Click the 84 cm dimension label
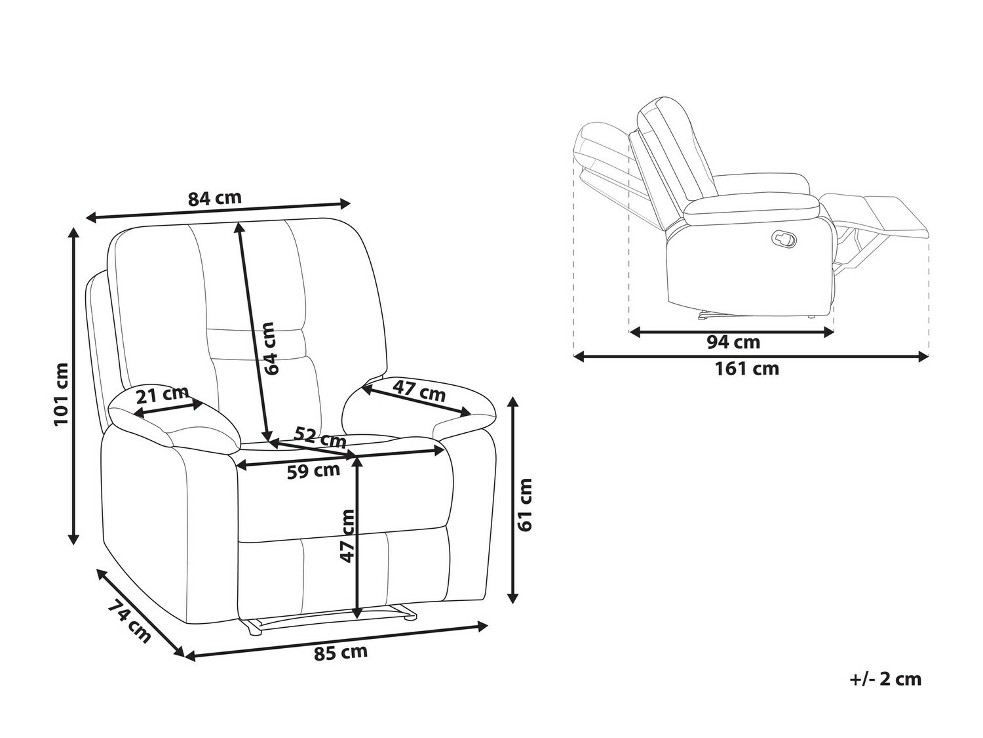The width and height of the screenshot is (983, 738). click(x=214, y=199)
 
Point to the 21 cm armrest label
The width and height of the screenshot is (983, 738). click(x=163, y=395)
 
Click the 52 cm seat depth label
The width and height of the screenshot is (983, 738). click(x=320, y=437)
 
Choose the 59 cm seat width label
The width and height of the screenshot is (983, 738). click(x=313, y=472)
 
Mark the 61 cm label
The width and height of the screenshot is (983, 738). click(x=524, y=504)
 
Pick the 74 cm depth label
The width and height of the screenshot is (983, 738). click(x=129, y=621)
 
